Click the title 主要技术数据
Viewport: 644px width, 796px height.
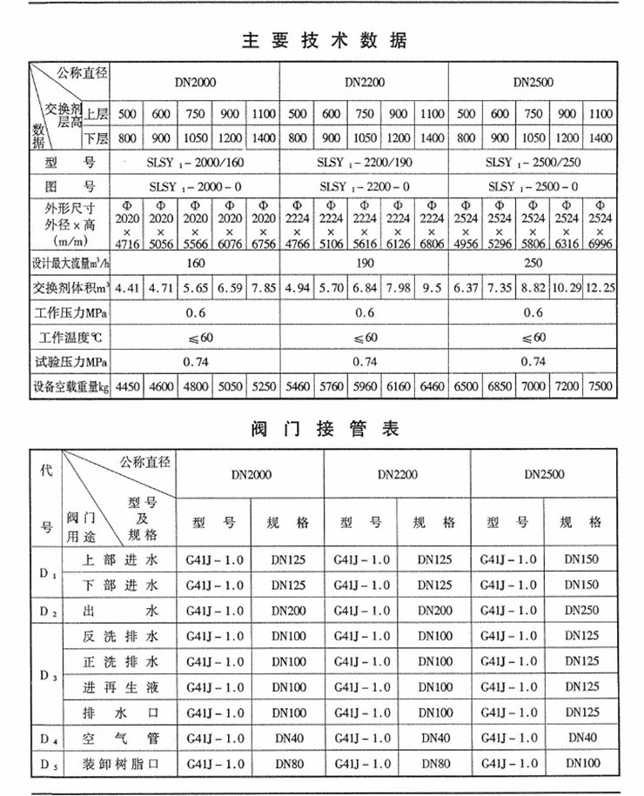(x=322, y=40)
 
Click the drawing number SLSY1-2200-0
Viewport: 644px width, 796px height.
(x=364, y=186)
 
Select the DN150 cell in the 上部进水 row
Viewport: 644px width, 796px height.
(x=582, y=559)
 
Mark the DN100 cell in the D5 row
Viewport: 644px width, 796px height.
(x=582, y=763)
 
